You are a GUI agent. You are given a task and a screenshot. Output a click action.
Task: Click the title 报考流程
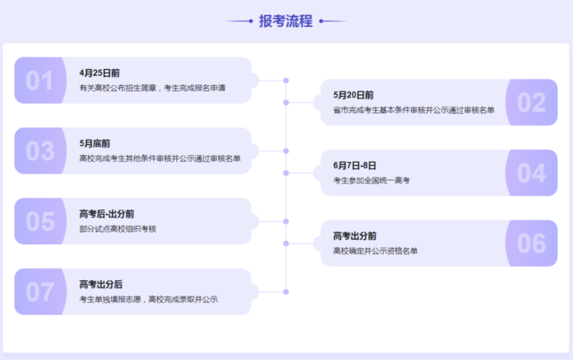(x=286, y=21)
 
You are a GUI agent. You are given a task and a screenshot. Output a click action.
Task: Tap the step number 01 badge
(x=40, y=81)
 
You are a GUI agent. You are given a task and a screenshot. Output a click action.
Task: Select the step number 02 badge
(x=531, y=102)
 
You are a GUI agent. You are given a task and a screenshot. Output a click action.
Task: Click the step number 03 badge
(x=40, y=151)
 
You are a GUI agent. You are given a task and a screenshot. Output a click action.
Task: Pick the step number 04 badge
(x=531, y=173)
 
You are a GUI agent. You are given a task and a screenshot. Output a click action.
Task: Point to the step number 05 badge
(x=40, y=221)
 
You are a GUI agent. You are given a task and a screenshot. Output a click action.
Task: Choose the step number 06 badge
(x=531, y=244)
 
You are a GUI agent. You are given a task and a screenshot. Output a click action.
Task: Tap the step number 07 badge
(x=40, y=292)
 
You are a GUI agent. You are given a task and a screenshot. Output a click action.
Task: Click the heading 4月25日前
(x=99, y=73)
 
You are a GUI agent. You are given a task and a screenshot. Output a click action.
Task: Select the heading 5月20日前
(x=353, y=96)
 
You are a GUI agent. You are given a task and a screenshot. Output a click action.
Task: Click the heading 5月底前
(x=95, y=143)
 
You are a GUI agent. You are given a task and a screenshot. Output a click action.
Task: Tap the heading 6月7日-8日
(x=355, y=166)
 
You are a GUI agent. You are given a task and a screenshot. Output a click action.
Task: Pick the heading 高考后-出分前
(x=107, y=214)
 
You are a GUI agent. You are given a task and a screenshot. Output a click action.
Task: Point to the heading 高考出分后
(x=101, y=285)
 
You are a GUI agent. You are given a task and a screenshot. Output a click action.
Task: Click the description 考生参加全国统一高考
(x=372, y=181)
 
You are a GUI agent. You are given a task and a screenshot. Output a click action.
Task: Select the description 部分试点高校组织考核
(x=117, y=229)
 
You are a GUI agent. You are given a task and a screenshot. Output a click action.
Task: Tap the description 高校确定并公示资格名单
(x=375, y=251)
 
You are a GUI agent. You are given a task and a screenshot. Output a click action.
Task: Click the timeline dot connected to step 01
(x=286, y=81)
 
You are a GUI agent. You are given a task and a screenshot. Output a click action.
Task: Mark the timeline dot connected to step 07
(x=286, y=292)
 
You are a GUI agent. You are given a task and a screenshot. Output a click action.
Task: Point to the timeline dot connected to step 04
(x=286, y=173)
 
